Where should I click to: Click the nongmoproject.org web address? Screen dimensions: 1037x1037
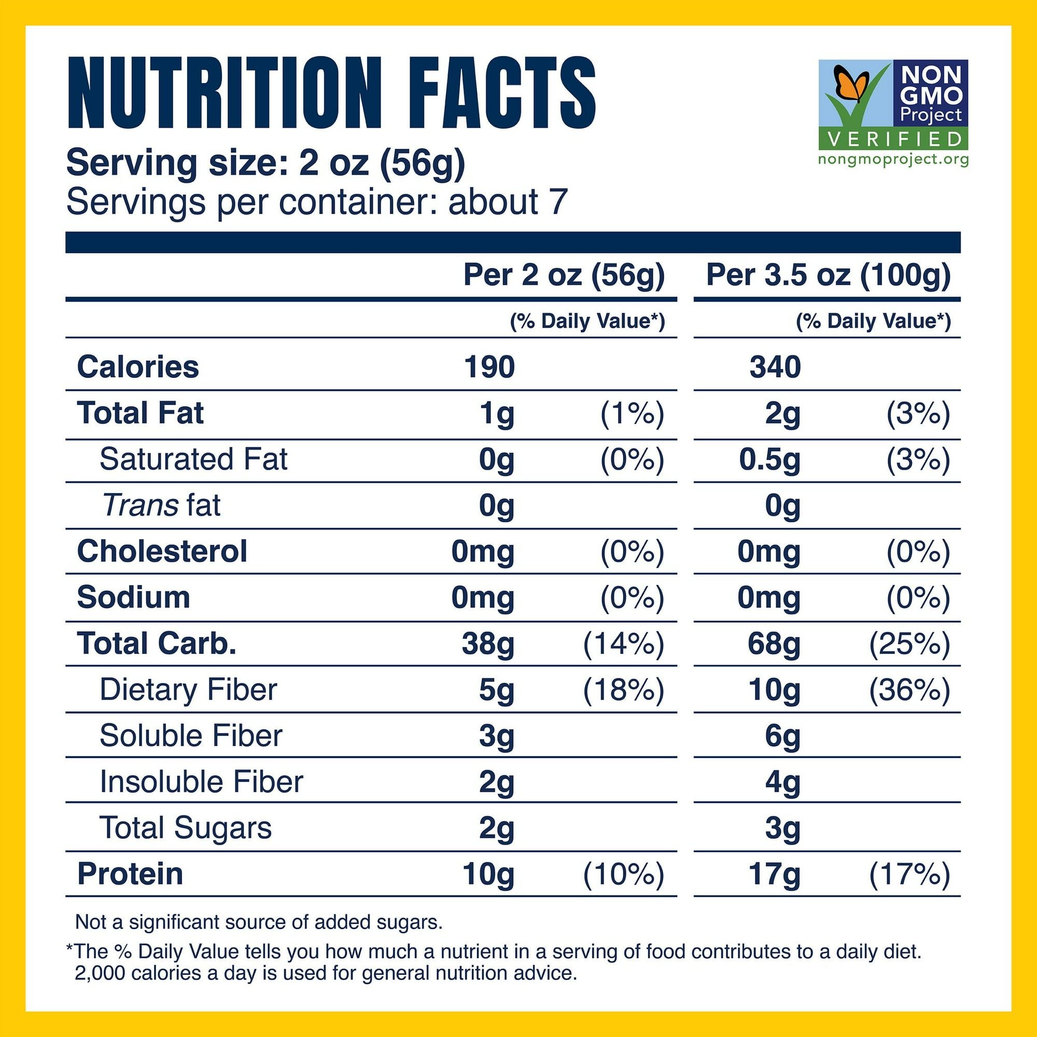click(x=894, y=159)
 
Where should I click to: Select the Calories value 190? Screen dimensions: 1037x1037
click(x=489, y=367)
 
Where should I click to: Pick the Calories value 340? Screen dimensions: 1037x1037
click(x=775, y=367)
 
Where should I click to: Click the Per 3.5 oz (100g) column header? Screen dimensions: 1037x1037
click(x=828, y=275)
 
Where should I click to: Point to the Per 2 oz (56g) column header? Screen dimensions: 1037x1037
click(x=564, y=275)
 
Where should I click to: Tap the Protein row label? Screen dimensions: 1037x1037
click(x=131, y=874)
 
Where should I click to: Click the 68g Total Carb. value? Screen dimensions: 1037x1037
click(x=774, y=643)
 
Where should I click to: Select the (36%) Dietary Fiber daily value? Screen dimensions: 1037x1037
click(x=909, y=690)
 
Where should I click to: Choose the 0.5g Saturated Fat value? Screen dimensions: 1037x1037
click(x=769, y=460)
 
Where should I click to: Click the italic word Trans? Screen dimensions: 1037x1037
click(x=141, y=505)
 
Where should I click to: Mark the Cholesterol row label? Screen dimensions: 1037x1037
click(x=162, y=551)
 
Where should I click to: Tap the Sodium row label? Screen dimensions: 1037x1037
click(x=134, y=597)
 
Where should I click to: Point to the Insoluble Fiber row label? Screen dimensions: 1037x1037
click(x=201, y=781)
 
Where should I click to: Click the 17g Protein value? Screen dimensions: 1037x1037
click(x=774, y=874)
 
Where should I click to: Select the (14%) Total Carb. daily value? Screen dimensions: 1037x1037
click(x=624, y=643)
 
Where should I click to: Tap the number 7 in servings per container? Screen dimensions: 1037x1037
click(x=558, y=202)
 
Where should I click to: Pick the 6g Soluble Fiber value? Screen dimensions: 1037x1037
click(x=782, y=736)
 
